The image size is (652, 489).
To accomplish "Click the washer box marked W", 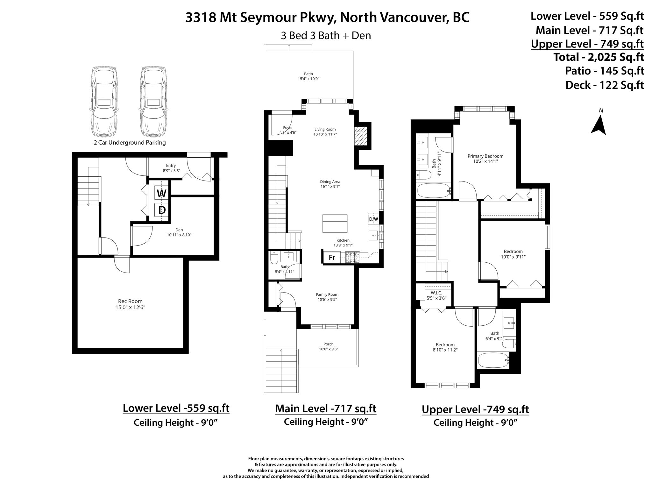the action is [161, 193].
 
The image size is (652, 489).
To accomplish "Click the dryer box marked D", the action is [161, 210].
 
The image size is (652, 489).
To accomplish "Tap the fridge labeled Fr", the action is [332, 258].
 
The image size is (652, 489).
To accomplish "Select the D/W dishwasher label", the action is [373, 219].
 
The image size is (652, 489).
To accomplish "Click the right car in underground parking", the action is [153, 101].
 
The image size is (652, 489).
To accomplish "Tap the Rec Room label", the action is [130, 301].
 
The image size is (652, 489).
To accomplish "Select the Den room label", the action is [179, 230].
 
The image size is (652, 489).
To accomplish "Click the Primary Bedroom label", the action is [485, 156].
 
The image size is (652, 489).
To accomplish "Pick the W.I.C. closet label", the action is [436, 293].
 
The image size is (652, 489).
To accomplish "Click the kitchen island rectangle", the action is [335, 223].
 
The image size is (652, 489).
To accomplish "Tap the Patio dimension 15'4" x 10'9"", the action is [306, 79].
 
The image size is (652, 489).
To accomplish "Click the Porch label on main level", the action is [329, 344].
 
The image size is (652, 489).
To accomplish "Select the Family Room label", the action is [327, 294].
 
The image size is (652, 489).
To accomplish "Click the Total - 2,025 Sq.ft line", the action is [599, 57].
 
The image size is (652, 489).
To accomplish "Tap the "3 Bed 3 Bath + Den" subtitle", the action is [326, 35].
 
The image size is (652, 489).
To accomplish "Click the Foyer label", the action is [288, 128].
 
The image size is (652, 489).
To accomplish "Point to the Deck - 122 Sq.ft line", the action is [605, 85].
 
